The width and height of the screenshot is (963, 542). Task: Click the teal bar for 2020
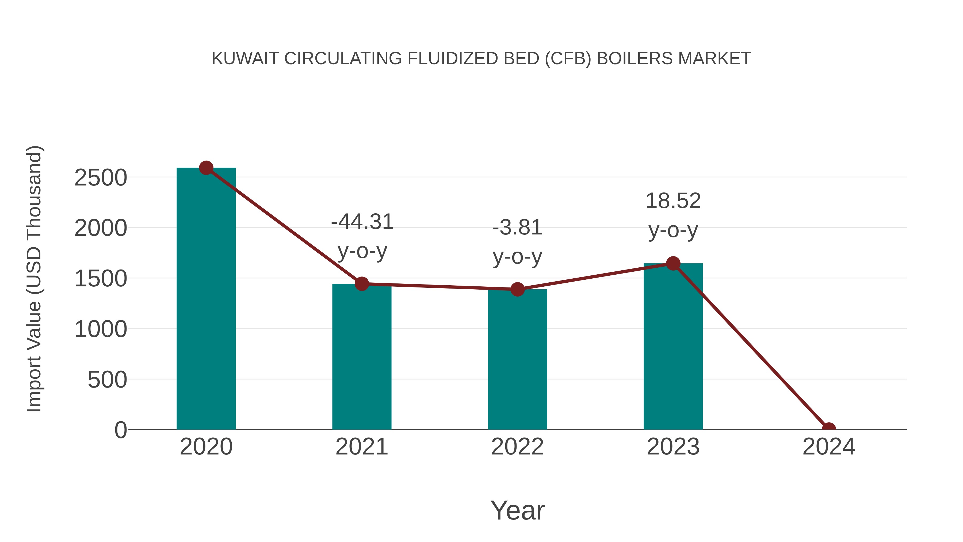pyautogui.click(x=206, y=299)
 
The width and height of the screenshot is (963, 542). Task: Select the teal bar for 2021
pyautogui.click(x=361, y=357)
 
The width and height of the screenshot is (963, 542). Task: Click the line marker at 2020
pyautogui.click(x=206, y=168)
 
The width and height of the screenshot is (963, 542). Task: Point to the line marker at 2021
pyautogui.click(x=361, y=284)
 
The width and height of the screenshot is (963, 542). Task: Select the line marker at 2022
pyautogui.click(x=517, y=289)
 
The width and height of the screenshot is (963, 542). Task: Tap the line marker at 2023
pyautogui.click(x=673, y=264)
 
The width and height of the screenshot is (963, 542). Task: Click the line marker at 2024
pyautogui.click(x=829, y=429)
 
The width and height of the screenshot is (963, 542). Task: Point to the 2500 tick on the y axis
pyautogui.click(x=101, y=178)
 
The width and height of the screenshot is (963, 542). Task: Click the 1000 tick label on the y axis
pyautogui.click(x=101, y=329)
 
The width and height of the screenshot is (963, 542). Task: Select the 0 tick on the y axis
pyautogui.click(x=121, y=430)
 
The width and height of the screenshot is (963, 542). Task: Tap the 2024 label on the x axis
pyautogui.click(x=829, y=447)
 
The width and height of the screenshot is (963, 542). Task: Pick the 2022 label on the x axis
pyautogui.click(x=517, y=447)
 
